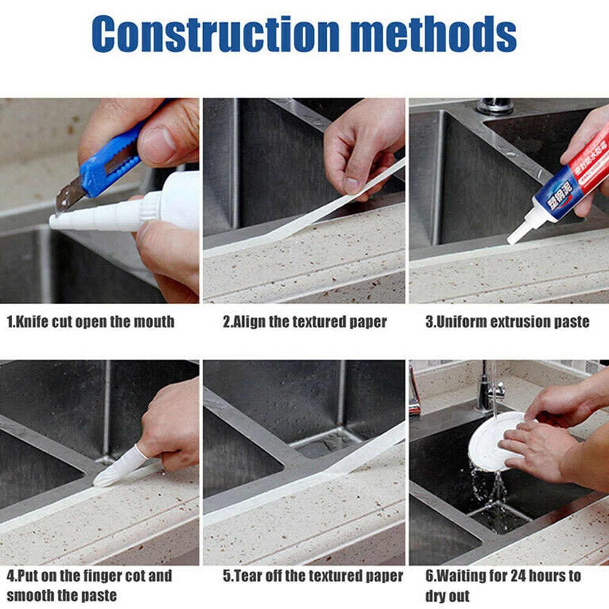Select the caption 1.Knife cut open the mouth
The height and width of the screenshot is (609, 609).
click(90, 322)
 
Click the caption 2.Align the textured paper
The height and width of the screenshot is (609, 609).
click(304, 322)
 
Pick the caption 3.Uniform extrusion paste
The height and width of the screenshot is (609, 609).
click(507, 322)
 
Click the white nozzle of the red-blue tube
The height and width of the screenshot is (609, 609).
click(521, 229)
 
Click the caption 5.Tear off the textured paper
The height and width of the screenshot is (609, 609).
click(313, 576)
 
